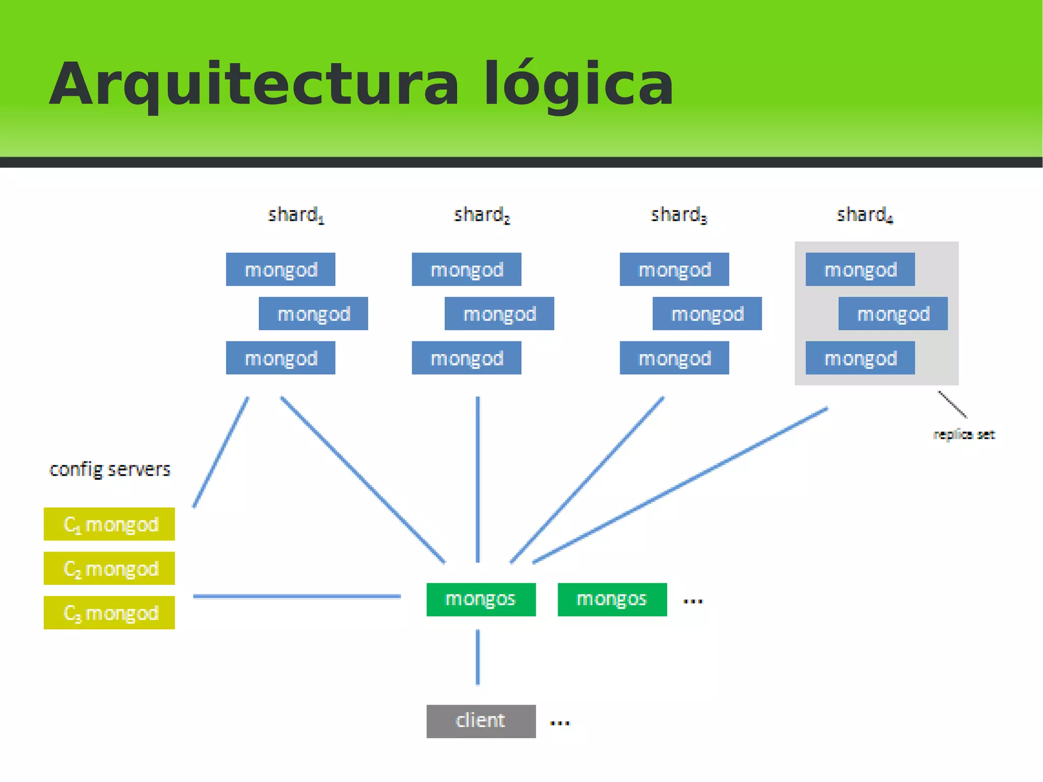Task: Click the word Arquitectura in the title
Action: tap(254, 84)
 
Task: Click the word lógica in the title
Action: tap(578, 84)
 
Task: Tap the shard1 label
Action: tap(295, 215)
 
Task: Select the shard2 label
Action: tap(481, 215)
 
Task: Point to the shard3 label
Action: tap(678, 215)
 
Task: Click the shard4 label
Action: tap(864, 215)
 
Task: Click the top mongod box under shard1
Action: tap(281, 269)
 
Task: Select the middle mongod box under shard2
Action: tap(499, 314)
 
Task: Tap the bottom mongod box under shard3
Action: tap(674, 358)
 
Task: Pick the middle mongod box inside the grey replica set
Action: tap(893, 314)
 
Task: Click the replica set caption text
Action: tap(964, 435)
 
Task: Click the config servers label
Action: tap(109, 469)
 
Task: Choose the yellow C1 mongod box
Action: tap(109, 524)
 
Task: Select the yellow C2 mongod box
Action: tap(109, 569)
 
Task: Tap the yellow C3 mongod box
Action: tap(109, 613)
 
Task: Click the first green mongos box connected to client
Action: tap(481, 600)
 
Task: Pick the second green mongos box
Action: tap(612, 600)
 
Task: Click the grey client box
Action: tap(481, 721)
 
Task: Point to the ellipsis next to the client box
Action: tap(560, 723)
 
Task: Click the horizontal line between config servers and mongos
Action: tap(297, 596)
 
